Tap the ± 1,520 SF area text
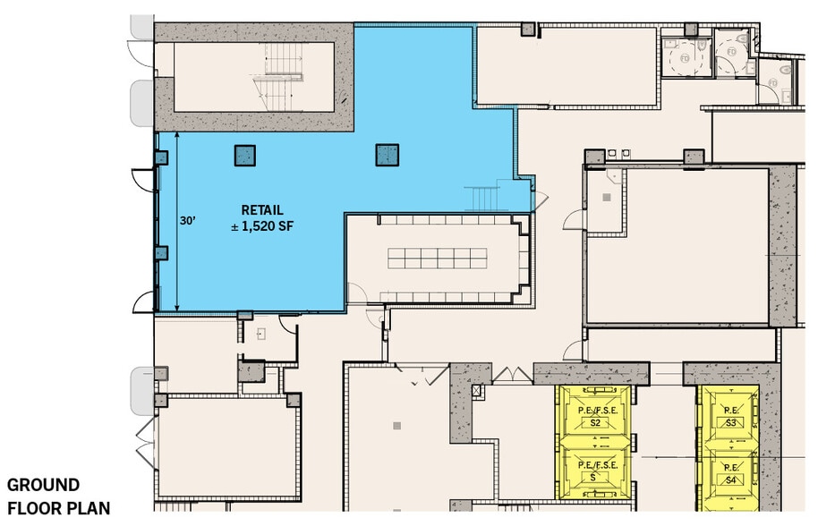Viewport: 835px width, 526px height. [262, 227]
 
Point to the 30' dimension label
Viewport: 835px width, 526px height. [187, 219]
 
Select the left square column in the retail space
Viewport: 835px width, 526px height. [245, 156]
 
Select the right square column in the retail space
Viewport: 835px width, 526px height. [387, 156]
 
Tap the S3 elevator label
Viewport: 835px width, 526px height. [730, 422]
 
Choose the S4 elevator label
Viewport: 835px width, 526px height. [730, 479]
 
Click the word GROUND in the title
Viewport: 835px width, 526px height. [43, 486]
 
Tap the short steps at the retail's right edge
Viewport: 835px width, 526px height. [484, 197]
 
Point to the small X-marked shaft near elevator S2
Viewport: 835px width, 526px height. [476, 392]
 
